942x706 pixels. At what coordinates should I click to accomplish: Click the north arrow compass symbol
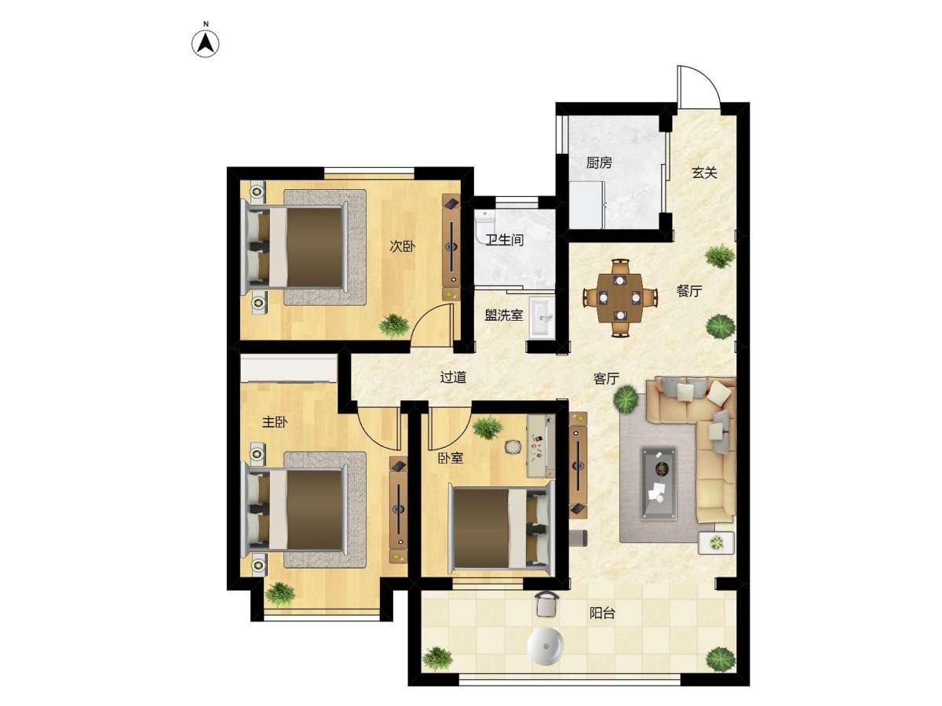coord(205,43)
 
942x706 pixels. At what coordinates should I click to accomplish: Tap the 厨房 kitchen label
coord(599,162)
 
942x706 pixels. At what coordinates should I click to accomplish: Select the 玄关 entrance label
coord(704,173)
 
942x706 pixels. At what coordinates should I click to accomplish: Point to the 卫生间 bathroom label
coord(504,239)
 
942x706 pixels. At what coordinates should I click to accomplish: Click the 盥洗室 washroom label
coord(503,315)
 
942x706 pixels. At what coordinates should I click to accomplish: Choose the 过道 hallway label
coord(453,377)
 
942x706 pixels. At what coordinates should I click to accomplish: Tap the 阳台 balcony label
coord(602,613)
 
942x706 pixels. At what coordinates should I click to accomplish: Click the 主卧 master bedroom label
coord(275,422)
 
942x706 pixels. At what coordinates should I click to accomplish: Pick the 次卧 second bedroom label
coord(402,246)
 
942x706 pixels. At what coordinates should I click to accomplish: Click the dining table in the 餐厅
coord(619,297)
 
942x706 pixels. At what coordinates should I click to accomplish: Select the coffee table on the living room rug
coord(659,483)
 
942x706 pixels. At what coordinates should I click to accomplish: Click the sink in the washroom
coord(542,318)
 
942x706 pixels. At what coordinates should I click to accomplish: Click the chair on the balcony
coord(546,604)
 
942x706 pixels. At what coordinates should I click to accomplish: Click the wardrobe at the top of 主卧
coord(289,368)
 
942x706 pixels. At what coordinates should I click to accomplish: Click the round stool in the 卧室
coord(512,447)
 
